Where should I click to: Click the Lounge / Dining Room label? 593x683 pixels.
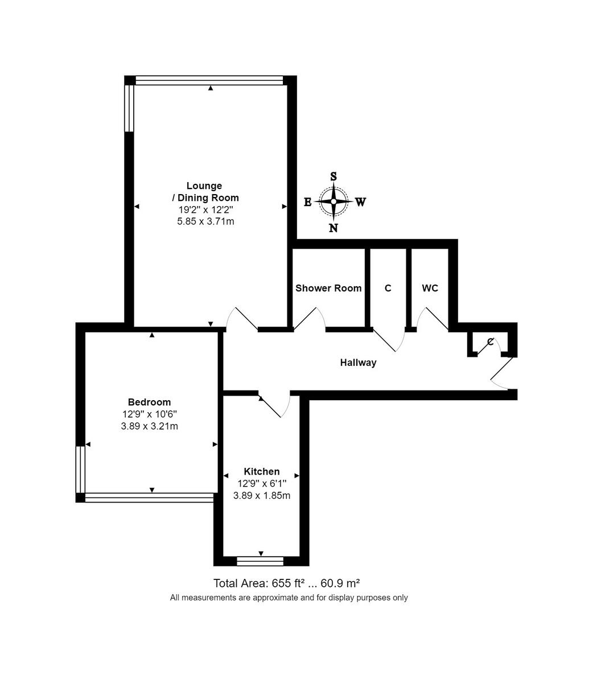click(205, 192)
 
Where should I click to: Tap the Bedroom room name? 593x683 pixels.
click(149, 402)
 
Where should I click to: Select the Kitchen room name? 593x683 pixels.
click(262, 471)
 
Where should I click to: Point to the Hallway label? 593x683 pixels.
click(358, 363)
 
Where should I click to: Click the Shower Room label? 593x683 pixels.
click(328, 288)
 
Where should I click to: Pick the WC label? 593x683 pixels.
click(430, 288)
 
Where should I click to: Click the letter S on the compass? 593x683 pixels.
click(333, 176)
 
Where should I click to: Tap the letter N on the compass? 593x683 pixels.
click(333, 228)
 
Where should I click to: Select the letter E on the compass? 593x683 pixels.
click(307, 202)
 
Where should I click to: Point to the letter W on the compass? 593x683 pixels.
click(360, 202)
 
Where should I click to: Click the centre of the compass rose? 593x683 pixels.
click(333, 201)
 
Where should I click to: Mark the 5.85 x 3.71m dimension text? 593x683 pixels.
click(205, 221)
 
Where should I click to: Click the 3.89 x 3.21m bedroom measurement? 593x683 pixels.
click(149, 426)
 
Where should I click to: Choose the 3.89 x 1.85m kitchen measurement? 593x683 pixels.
click(262, 495)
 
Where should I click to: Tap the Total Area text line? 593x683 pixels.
click(286, 583)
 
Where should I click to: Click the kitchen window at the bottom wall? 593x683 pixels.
click(260, 561)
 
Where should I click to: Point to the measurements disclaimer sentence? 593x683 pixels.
click(289, 598)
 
